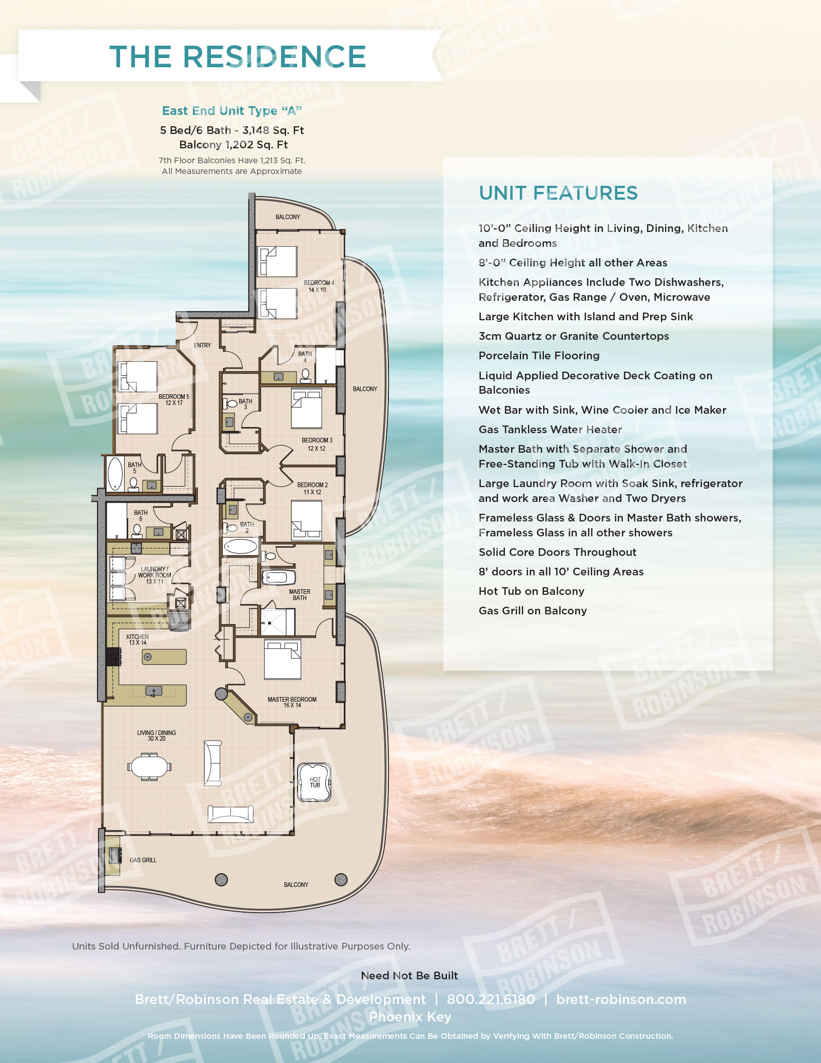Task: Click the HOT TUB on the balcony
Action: point(315,782)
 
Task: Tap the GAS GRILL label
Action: point(143,860)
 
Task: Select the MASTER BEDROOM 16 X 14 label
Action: point(292,702)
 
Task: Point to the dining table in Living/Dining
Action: point(149,767)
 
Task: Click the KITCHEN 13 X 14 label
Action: point(138,640)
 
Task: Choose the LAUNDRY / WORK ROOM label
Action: point(154,575)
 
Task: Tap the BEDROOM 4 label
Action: point(319,286)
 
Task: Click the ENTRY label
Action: point(202,345)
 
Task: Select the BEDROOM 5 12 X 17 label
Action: point(174,399)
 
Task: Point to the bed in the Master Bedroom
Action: point(282,659)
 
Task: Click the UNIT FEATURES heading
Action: point(558,193)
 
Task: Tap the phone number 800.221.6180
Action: point(491,999)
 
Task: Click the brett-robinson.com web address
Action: point(621,999)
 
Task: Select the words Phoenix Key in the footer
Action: point(410,1017)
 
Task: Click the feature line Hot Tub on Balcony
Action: point(531,591)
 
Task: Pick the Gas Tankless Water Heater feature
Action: point(550,430)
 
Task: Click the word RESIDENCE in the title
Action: point(274,56)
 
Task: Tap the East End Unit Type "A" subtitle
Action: point(232,111)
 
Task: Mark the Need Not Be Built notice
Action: point(409,976)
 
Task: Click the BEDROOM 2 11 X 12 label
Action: point(312,488)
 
